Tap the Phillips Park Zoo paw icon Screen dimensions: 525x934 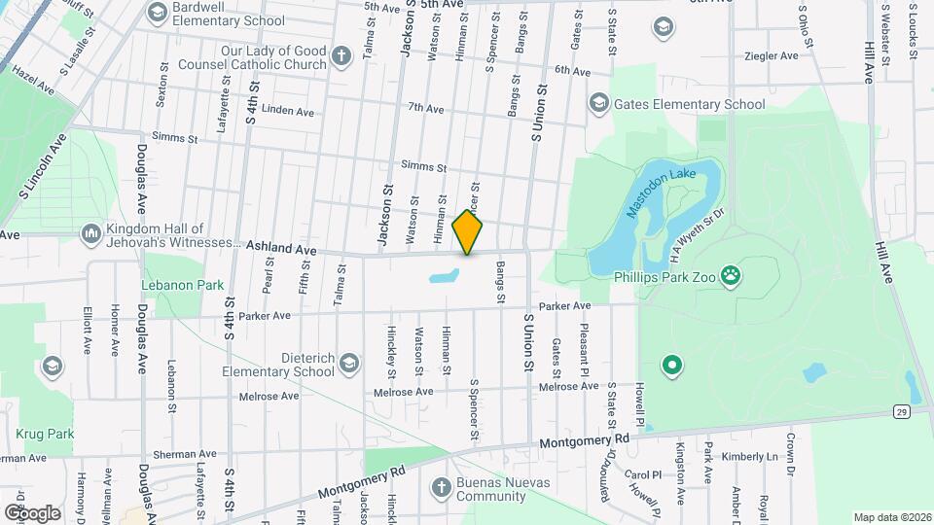point(732,276)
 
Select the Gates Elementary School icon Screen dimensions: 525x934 point(598,103)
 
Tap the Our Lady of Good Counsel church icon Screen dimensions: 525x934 point(341,56)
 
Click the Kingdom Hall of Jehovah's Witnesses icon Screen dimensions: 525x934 point(90,234)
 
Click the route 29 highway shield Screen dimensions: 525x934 point(903,412)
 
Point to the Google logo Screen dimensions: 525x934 point(32,512)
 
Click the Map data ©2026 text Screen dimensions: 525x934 point(892,517)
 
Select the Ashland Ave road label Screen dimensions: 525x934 point(281,249)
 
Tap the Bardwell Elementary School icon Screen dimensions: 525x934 point(156,14)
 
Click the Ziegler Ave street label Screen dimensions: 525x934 point(771,56)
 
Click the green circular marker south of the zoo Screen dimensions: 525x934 point(670,367)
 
